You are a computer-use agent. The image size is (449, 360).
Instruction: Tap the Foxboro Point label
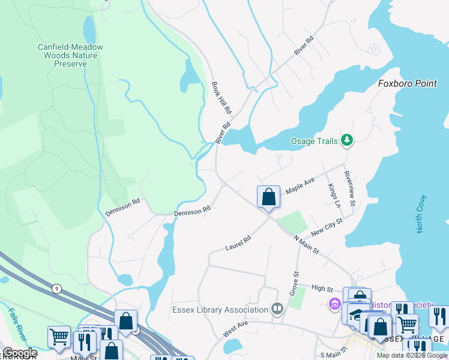tap(408, 83)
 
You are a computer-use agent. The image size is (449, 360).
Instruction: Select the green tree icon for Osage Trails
tap(346, 140)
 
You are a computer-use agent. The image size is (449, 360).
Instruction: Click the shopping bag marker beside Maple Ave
tap(268, 197)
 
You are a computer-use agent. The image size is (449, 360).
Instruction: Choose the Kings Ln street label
tap(334, 196)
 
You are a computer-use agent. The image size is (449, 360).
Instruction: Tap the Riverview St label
tap(350, 186)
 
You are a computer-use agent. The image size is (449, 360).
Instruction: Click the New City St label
tap(327, 228)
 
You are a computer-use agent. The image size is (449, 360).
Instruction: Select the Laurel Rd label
tap(238, 243)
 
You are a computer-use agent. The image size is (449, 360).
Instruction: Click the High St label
tap(322, 288)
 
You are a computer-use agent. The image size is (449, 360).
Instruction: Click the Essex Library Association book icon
tap(277, 310)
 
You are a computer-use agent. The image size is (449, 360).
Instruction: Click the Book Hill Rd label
tap(221, 98)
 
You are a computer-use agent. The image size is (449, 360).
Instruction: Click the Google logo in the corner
tap(19, 353)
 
